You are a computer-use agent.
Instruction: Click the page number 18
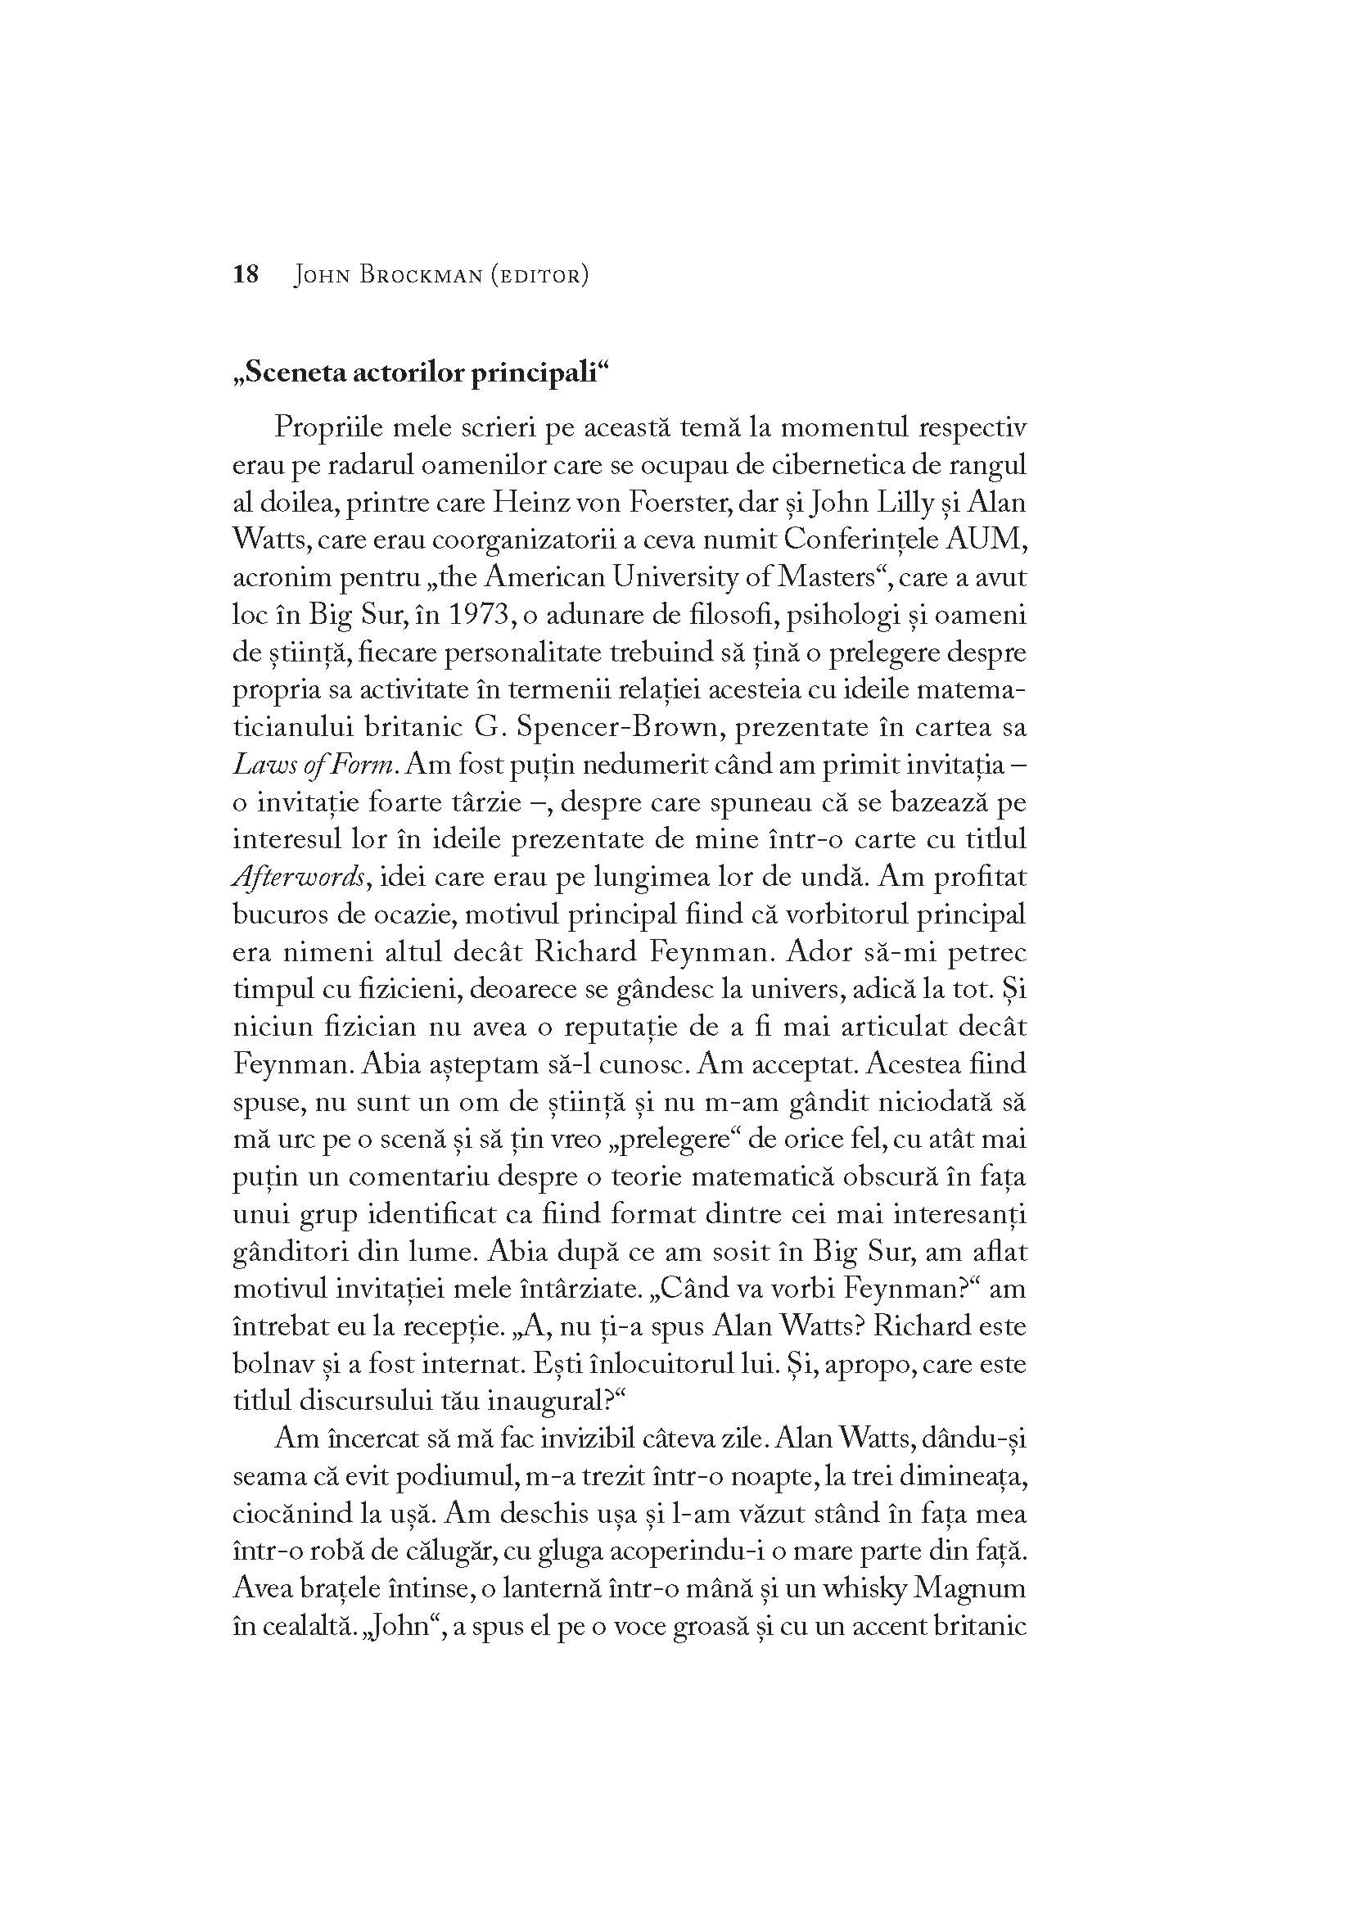246,274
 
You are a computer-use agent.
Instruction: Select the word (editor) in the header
539,275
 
